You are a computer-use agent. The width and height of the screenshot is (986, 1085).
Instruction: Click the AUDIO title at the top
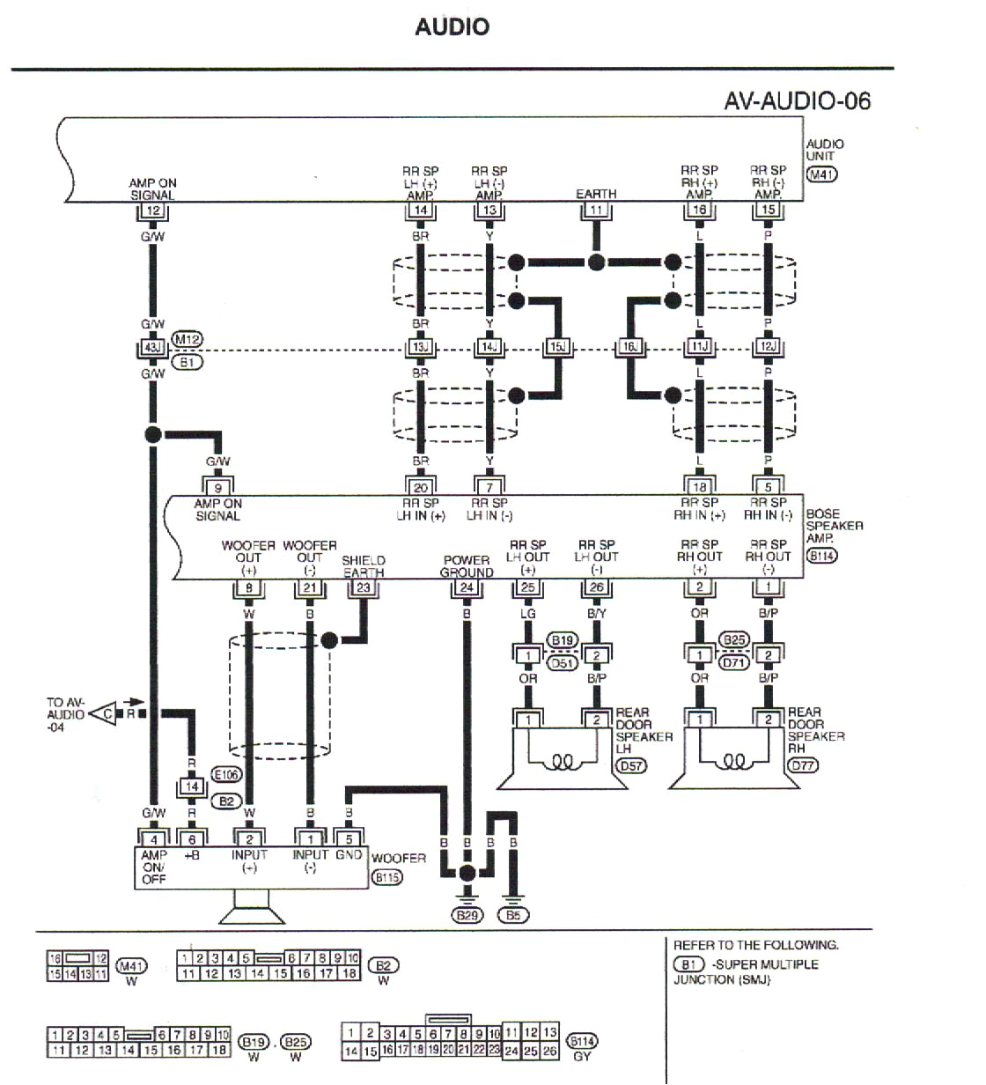(x=452, y=26)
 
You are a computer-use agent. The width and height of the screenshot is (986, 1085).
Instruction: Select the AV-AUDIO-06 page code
(x=797, y=100)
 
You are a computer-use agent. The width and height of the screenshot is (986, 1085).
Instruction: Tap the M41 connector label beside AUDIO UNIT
(x=821, y=173)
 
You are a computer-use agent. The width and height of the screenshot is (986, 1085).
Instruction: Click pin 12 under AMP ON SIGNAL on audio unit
(x=152, y=210)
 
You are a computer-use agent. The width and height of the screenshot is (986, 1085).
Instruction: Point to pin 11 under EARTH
(x=596, y=210)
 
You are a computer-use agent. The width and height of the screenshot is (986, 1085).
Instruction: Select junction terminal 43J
(x=152, y=348)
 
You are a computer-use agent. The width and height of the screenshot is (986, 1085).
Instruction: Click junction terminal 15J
(x=557, y=348)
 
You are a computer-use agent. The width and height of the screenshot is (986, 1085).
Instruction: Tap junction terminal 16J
(x=629, y=348)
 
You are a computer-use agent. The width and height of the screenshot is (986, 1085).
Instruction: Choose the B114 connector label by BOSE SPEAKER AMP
(x=821, y=556)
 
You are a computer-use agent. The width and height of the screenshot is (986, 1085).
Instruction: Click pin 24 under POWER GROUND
(x=467, y=587)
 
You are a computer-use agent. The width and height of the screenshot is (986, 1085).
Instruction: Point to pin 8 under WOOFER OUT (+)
(x=249, y=587)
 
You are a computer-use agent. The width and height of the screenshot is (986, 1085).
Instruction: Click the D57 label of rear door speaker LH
(x=631, y=765)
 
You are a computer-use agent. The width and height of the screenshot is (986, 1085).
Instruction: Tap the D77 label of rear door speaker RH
(x=803, y=765)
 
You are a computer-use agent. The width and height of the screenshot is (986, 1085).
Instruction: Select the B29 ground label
(x=467, y=915)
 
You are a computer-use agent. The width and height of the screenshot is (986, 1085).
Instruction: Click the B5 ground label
(x=513, y=915)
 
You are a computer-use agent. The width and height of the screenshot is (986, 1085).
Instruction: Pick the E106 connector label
(x=226, y=775)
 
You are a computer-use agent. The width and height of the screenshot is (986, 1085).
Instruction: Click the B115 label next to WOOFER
(x=386, y=877)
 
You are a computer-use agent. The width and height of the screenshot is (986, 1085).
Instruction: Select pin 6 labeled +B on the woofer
(x=192, y=839)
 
